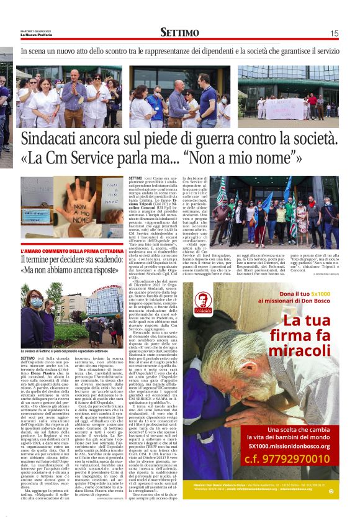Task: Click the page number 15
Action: pos(334,34)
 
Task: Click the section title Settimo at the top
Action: pos(179,33)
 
